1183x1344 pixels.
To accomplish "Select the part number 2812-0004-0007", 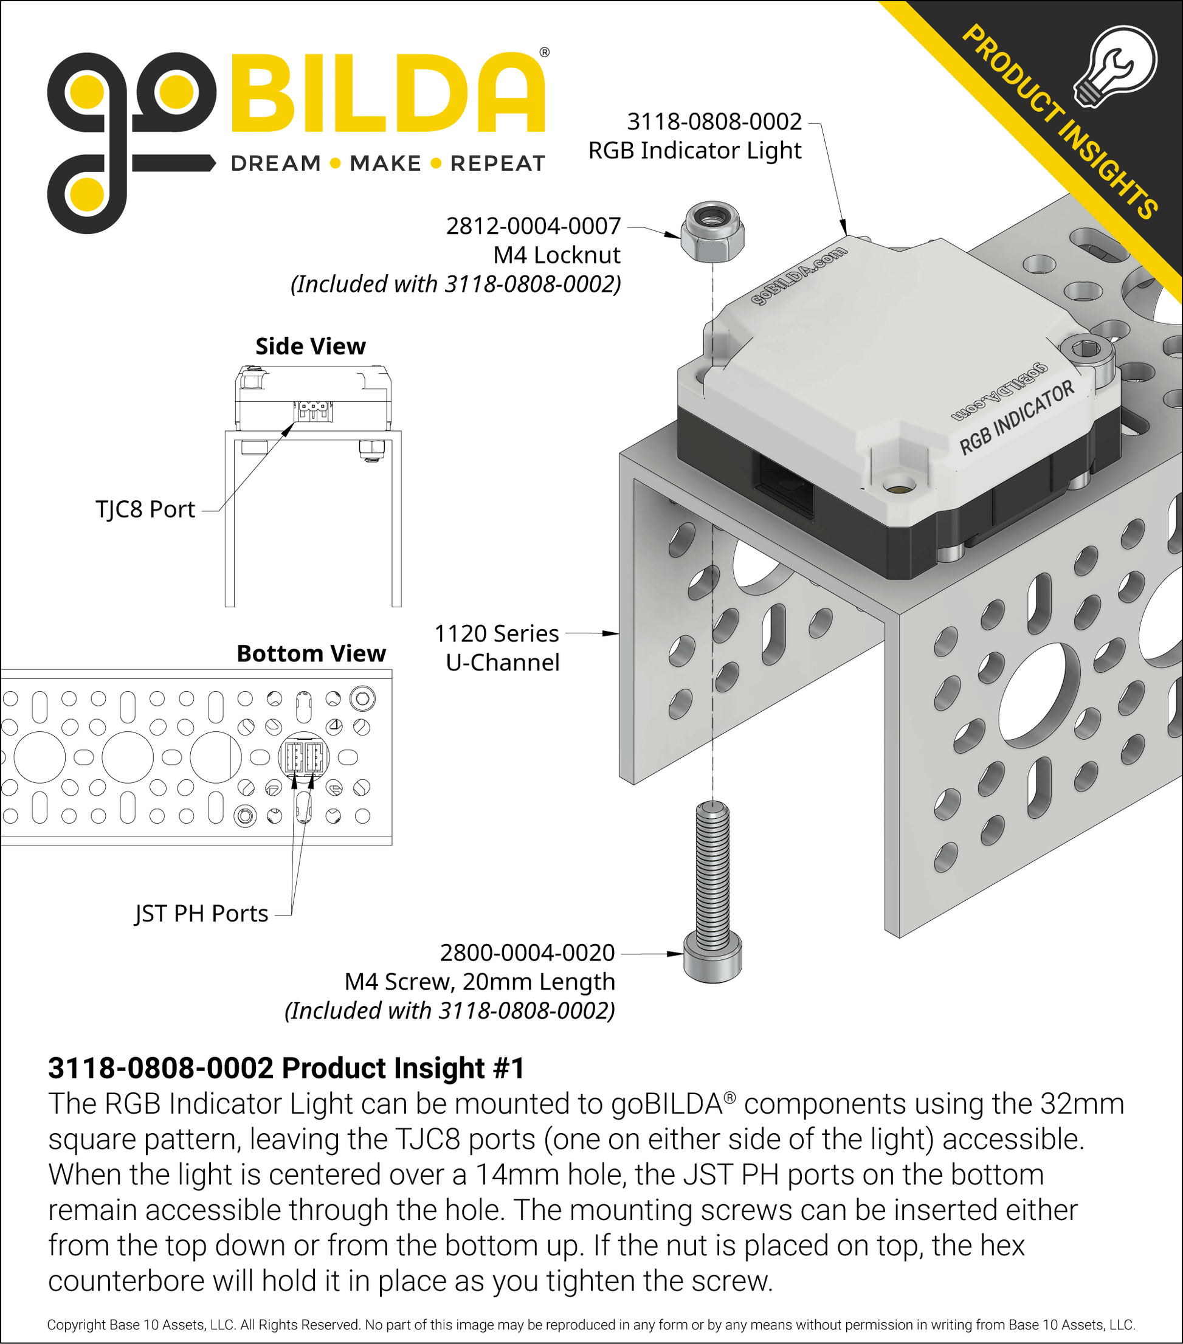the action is [533, 226].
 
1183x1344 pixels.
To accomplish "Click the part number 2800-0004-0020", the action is [528, 953].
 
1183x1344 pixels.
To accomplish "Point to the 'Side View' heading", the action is [311, 346].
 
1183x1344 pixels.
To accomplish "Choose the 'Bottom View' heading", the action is [311, 653].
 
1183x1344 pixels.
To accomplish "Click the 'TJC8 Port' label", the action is [145, 509].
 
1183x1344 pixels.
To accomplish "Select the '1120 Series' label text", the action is [497, 634].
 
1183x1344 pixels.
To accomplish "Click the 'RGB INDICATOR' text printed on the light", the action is [1016, 418].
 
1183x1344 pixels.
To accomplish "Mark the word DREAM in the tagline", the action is [275, 163].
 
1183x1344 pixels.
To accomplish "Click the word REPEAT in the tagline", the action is [498, 163].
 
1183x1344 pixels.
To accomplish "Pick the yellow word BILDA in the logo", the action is [388, 92].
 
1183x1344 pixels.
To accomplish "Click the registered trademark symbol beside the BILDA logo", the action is [544, 52].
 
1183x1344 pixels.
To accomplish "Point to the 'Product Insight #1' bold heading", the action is [286, 1067].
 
